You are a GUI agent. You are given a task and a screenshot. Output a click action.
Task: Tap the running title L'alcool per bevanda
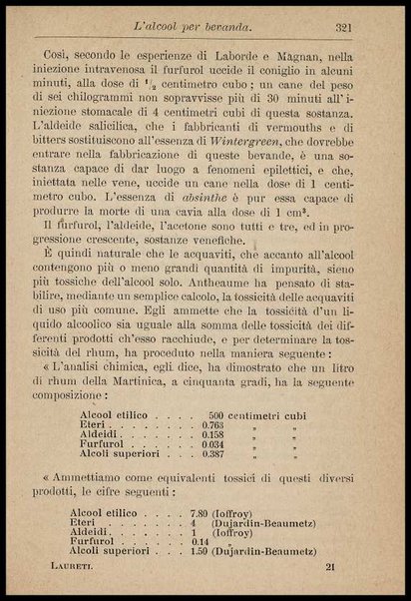(205, 28)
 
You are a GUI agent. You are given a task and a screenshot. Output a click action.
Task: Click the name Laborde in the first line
(259, 59)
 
